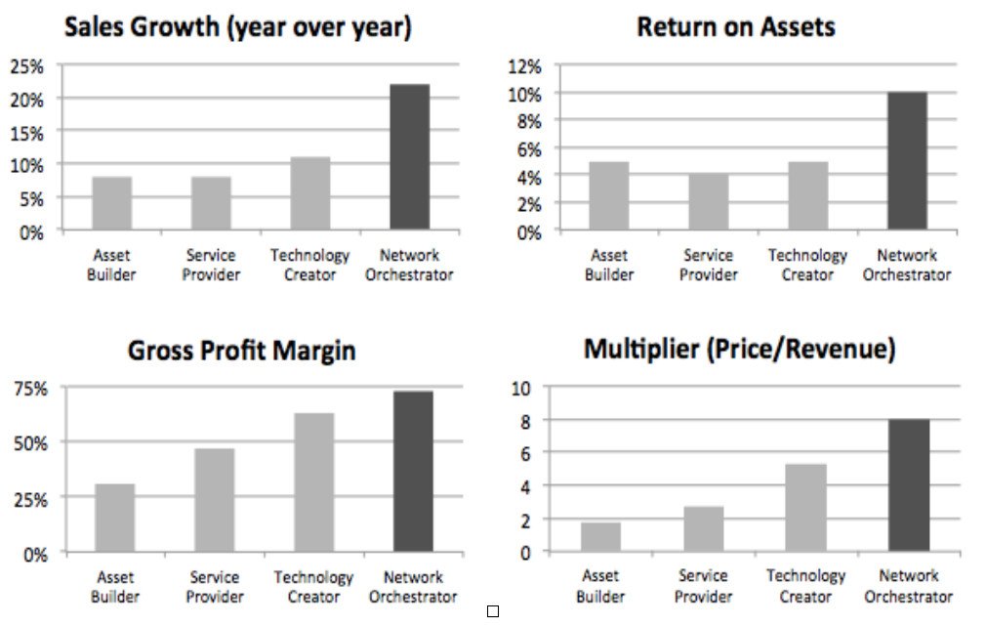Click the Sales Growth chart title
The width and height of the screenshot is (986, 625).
(x=237, y=27)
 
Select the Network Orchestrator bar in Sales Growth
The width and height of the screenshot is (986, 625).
(x=409, y=156)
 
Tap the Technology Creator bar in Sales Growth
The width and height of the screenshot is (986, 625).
(x=310, y=193)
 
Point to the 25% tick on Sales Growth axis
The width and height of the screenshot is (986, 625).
(x=27, y=66)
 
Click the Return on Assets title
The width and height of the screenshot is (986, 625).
(x=736, y=27)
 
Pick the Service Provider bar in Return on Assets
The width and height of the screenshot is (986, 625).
(x=708, y=202)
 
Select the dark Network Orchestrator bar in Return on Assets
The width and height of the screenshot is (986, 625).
(x=907, y=161)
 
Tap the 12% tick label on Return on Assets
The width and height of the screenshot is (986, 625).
(x=524, y=66)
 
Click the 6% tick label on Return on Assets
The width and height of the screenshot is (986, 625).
(x=529, y=149)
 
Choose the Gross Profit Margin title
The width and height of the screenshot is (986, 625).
(x=241, y=351)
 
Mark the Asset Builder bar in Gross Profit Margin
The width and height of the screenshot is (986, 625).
(x=114, y=519)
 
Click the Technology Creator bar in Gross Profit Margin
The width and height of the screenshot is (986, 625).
(x=313, y=482)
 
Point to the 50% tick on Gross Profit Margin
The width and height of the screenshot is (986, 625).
(x=31, y=444)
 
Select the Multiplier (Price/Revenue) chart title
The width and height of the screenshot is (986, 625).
(x=740, y=349)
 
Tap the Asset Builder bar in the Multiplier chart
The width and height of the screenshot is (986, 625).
(x=600, y=537)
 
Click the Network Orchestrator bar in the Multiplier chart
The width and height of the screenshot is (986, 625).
(x=909, y=485)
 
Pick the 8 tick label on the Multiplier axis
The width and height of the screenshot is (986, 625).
(x=525, y=421)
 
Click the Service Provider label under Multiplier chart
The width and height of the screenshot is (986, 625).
(x=703, y=585)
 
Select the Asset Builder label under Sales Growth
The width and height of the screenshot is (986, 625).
(x=111, y=265)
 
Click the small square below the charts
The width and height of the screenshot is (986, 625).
(x=493, y=611)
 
